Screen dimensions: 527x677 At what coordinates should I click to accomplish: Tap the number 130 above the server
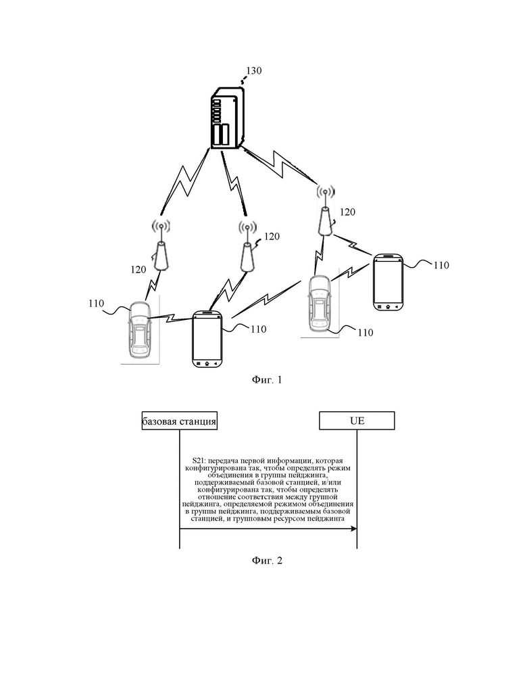coord(253,70)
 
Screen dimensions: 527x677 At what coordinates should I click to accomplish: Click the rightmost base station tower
coord(326,211)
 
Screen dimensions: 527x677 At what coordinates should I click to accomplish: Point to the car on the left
coord(139,329)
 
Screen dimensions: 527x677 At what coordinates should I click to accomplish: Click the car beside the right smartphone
coord(320,303)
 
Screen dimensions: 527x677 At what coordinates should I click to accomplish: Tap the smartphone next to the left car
coord(207,339)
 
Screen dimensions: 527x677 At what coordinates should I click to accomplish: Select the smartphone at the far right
coord(388,282)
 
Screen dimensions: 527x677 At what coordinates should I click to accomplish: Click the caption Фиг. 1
coord(266,379)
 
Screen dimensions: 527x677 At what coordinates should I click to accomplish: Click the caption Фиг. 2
coord(266,561)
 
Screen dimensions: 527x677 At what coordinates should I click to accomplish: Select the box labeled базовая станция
coord(180,421)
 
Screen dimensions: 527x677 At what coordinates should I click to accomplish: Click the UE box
coord(357,421)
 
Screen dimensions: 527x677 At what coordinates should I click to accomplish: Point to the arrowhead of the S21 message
coord(354,528)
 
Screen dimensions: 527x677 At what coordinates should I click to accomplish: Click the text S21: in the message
coord(199,461)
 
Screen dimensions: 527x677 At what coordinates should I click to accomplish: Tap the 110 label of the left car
coord(96,304)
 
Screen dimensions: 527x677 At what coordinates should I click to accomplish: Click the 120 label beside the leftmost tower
coord(139,269)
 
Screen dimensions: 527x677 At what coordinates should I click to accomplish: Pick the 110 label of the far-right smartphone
coord(441,265)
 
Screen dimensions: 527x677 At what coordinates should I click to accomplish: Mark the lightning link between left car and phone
coord(171,319)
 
